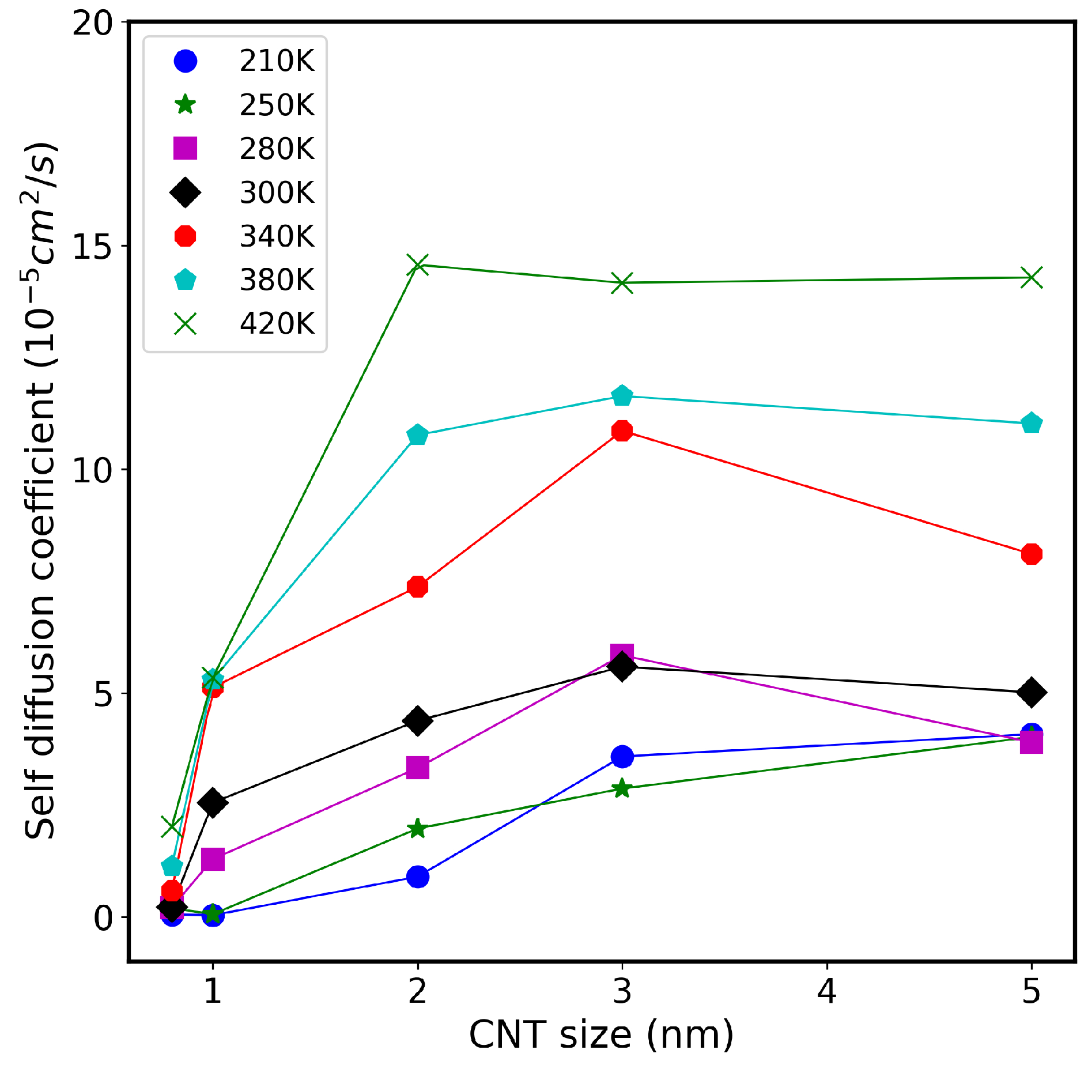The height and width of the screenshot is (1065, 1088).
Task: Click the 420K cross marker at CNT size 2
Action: coord(417,265)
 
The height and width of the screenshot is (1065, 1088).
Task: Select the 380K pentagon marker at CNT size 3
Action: coord(622,396)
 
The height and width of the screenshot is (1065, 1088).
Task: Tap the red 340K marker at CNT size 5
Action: coord(1031,554)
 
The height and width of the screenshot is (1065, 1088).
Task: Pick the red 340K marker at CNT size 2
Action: coord(417,587)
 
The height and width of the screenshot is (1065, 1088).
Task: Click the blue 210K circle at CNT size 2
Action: coord(417,877)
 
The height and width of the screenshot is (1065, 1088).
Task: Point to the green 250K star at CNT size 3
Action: coord(622,788)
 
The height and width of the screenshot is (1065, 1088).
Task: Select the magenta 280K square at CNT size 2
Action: coord(417,767)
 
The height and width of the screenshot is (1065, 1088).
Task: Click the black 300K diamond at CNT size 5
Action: coord(1031,692)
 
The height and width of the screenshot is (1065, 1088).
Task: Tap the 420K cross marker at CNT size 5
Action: coord(1031,277)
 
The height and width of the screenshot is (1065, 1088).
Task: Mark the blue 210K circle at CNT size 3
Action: coord(622,756)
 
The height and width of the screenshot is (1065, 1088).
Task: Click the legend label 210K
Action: coord(277,61)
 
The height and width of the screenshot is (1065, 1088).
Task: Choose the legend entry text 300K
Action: coord(277,192)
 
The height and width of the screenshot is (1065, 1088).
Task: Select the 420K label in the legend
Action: coord(277,324)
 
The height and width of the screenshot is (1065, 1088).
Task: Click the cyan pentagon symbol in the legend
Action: coord(186,280)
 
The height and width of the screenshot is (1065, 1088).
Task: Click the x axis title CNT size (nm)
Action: coord(601,1034)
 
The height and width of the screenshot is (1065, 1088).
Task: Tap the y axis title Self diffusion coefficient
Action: coord(40,490)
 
